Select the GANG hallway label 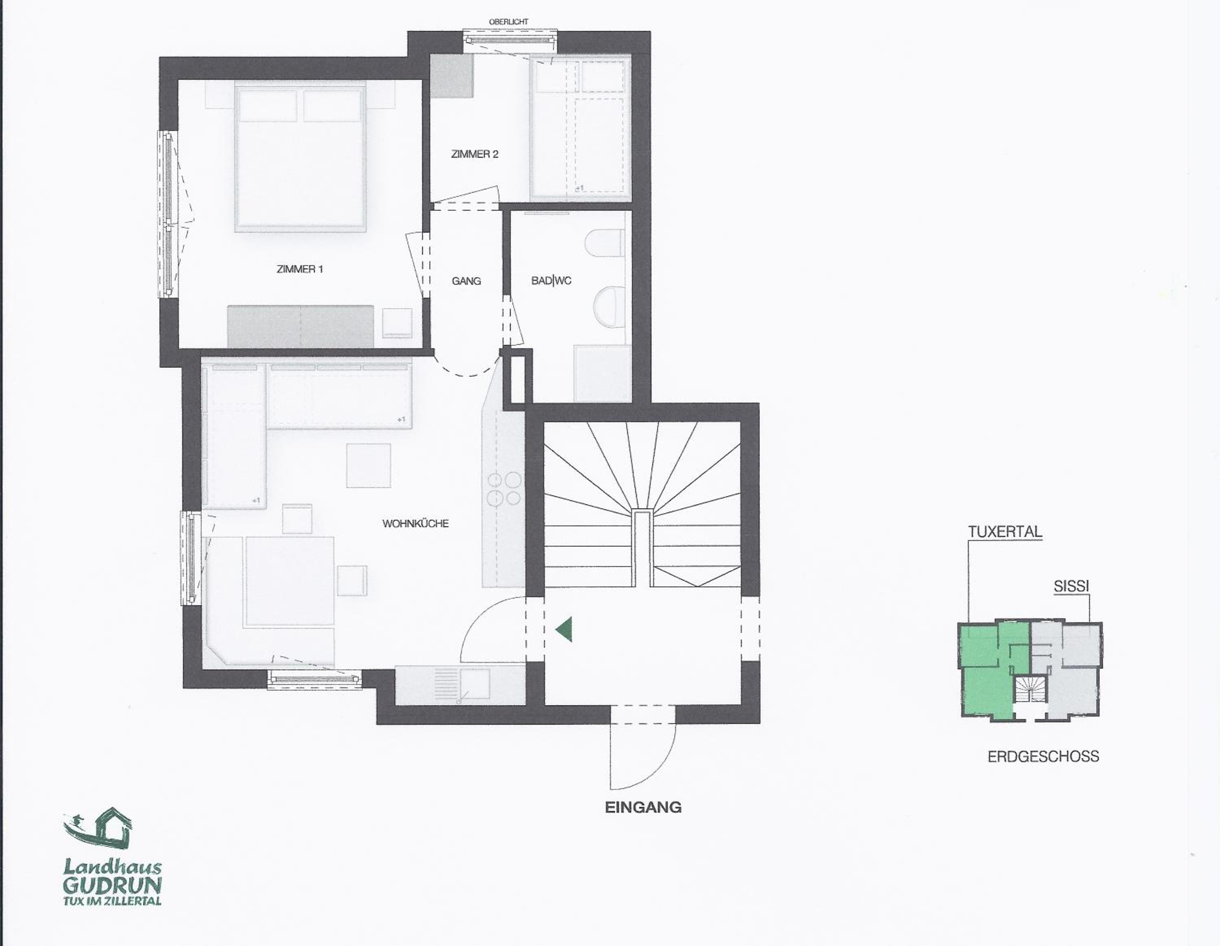click(x=466, y=281)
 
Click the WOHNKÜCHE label click(x=416, y=523)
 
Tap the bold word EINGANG click(x=643, y=807)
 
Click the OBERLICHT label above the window click(x=508, y=22)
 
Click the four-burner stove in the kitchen click(x=504, y=489)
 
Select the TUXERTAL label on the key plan click(x=1005, y=532)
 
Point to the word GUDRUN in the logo click(x=113, y=885)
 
